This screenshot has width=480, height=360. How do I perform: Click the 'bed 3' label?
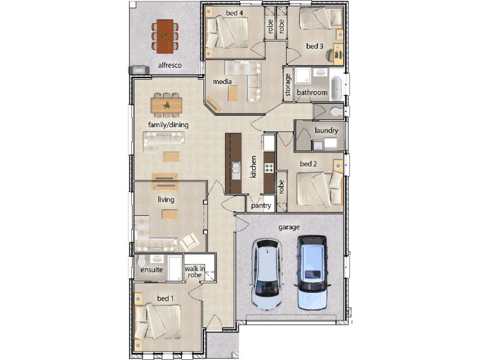point(315,46)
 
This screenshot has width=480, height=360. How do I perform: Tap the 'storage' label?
point(289,85)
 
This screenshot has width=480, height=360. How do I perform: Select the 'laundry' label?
point(326,130)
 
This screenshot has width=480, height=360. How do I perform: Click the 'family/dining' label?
point(169,124)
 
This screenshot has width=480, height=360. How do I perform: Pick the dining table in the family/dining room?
point(166,106)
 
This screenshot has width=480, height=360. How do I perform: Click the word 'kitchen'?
point(254,167)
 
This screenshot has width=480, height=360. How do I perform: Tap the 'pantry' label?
point(261,206)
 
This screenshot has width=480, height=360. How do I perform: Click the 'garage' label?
point(289,227)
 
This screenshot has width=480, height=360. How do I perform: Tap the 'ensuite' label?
point(151,270)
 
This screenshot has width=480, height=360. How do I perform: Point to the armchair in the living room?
point(190,242)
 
